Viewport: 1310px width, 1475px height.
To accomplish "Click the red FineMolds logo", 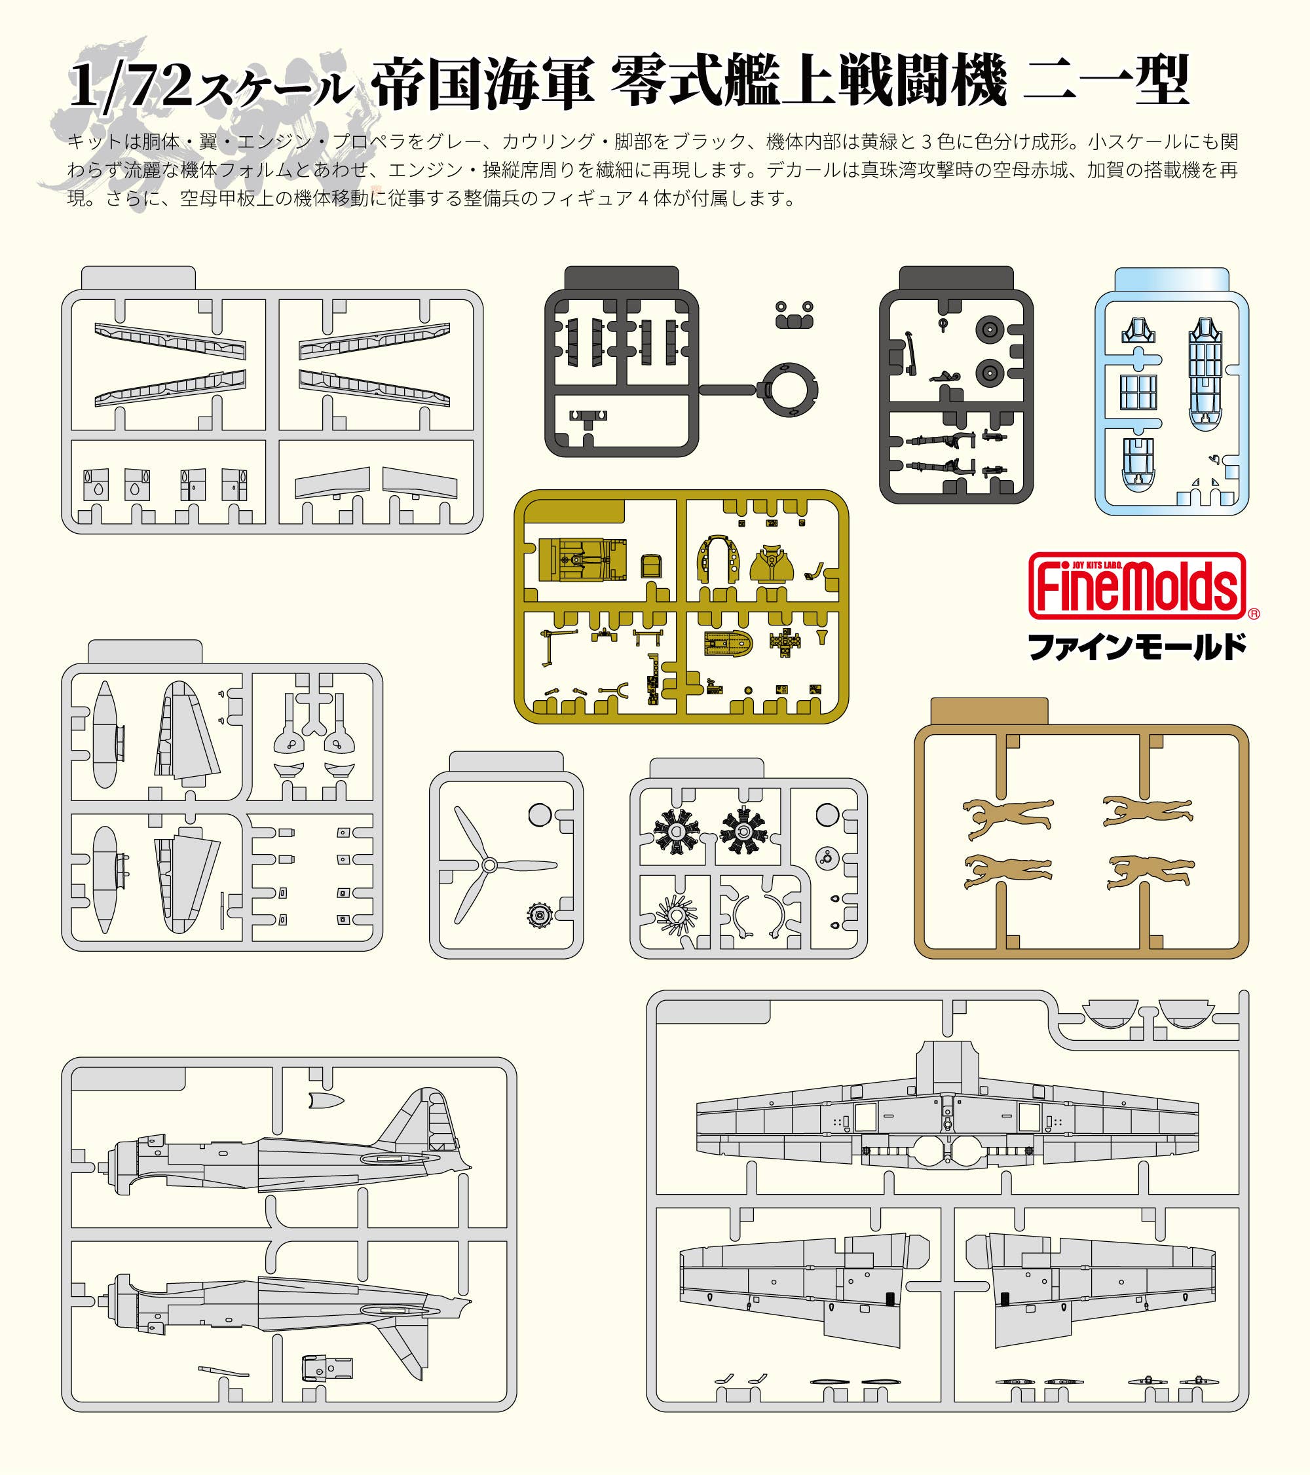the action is point(1138,586).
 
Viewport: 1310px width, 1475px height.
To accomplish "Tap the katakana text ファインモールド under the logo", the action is point(1138,646).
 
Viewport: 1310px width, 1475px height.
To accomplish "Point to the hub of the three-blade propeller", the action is point(489,865).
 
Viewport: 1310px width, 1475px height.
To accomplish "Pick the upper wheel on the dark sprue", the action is point(990,331).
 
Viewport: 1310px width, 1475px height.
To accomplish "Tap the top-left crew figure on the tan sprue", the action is point(1008,816).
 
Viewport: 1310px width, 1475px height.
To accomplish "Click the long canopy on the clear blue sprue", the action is point(1205,374).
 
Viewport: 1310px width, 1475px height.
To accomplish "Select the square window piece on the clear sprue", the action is point(1138,392).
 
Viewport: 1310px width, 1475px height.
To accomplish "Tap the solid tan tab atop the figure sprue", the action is point(989,711).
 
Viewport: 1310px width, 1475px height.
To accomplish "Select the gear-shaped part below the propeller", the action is point(540,916).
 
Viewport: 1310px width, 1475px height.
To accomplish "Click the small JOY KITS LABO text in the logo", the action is point(1097,565).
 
